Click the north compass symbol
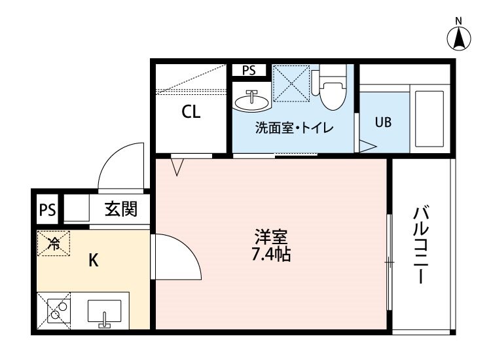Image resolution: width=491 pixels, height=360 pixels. click(460, 37)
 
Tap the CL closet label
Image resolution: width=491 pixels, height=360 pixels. click(191, 112)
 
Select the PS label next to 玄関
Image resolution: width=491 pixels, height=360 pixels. click(46, 211)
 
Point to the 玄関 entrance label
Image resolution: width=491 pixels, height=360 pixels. click(121, 210)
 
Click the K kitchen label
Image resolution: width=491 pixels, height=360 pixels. click(94, 261)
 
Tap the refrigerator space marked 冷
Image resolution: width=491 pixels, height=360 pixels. click(54, 244)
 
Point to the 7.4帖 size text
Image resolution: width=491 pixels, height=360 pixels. click(271, 254)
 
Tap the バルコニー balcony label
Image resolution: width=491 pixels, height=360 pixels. click(421, 245)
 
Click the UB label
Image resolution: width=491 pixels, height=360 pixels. click(383, 122)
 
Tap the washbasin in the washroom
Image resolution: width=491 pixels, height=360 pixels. click(251, 101)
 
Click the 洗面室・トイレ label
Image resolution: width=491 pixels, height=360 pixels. click(294, 128)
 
